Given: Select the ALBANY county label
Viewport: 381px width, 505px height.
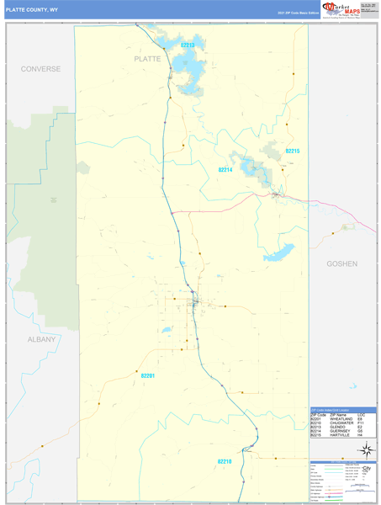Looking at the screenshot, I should click(x=40, y=339).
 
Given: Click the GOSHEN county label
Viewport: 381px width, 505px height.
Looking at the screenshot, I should click(x=342, y=263).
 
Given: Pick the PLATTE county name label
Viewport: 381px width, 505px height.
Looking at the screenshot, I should click(x=146, y=61).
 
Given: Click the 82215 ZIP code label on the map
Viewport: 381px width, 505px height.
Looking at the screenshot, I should click(x=292, y=151).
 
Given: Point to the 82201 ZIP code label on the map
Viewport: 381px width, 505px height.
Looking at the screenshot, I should click(x=149, y=376).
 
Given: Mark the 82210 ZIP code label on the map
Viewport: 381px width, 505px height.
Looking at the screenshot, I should click(x=225, y=461).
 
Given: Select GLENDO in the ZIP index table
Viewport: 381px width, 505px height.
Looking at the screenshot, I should click(x=337, y=427).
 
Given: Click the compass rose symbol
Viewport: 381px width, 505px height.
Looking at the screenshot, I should click(x=366, y=450).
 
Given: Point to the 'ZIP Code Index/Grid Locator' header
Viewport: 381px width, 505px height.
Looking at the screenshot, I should click(x=337, y=409).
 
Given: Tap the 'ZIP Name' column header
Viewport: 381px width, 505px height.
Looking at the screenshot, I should click(x=338, y=414).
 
